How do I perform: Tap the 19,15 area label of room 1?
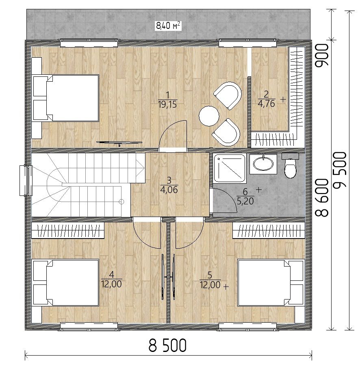click(167, 104)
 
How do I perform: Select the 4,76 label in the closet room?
click(267, 104)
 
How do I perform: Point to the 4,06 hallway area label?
click(169, 190)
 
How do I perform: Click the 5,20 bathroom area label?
click(245, 201)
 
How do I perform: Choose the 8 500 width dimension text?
click(167, 345)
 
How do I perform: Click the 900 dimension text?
click(321, 56)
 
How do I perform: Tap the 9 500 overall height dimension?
click(340, 169)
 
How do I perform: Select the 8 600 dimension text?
click(321, 198)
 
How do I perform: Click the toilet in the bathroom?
click(290, 165)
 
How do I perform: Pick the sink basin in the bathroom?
click(263, 164)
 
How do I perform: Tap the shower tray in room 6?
click(230, 169)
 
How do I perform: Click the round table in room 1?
click(209, 116)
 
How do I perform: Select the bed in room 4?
click(65, 282)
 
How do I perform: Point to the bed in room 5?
click(271, 282)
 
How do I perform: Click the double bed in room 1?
click(65, 98)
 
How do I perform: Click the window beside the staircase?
click(26, 180)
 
